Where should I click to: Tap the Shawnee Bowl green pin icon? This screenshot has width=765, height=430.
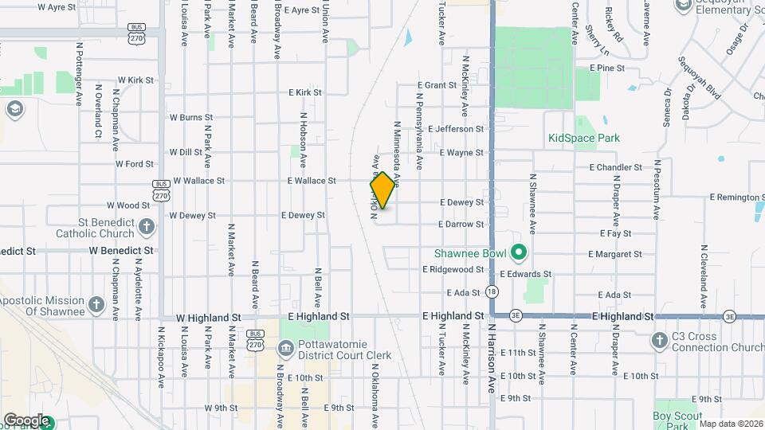[520, 254]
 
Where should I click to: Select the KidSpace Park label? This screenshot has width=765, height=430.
[584, 138]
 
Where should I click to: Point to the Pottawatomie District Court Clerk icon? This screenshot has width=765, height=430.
[285, 349]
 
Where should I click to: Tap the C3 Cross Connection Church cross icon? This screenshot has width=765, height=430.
[659, 341]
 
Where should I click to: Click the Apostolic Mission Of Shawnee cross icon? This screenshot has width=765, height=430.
[96, 305]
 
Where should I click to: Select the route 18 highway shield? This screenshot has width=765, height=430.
[492, 292]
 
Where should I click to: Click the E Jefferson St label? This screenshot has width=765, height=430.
[456, 128]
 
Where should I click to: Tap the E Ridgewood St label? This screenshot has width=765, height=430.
[453, 269]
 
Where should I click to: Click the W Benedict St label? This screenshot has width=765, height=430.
[121, 250]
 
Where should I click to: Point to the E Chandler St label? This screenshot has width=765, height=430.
[616, 167]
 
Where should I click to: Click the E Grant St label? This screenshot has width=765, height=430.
[441, 85]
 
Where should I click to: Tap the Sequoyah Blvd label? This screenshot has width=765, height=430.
[700, 78]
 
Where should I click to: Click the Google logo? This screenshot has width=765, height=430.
[26, 420]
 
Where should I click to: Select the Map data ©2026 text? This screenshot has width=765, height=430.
[731, 424]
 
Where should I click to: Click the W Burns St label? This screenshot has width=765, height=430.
[186, 118]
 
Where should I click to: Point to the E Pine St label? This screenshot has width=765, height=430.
[607, 68]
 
